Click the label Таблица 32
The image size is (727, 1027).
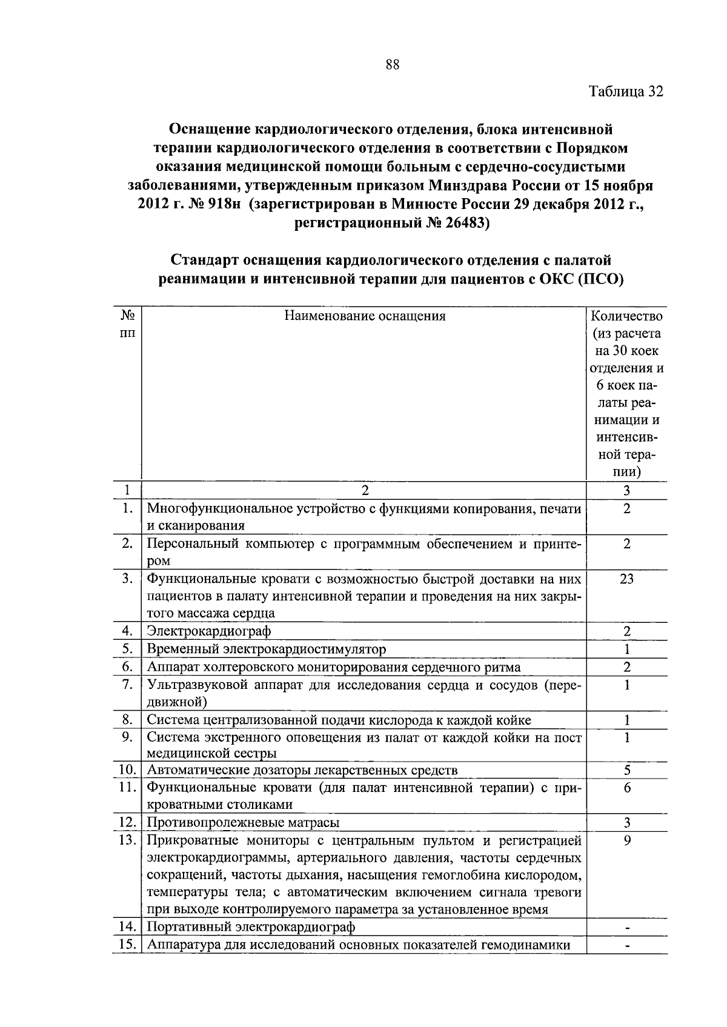pyautogui.click(x=626, y=91)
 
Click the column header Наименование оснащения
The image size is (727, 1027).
pyautogui.click(x=365, y=316)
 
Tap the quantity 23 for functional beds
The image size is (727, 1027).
pyautogui.click(x=626, y=579)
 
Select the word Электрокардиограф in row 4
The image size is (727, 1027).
pyautogui.click(x=209, y=631)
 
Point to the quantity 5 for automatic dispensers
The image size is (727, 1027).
pyautogui.click(x=626, y=771)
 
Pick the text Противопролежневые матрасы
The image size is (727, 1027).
pyautogui.click(x=243, y=823)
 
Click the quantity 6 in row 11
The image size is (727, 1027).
pyautogui.click(x=626, y=788)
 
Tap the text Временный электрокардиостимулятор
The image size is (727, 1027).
pyautogui.click(x=267, y=650)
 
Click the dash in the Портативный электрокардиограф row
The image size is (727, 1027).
pyautogui.click(x=626, y=928)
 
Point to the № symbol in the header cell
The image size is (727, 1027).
pyautogui.click(x=127, y=316)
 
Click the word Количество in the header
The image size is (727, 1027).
pyautogui.click(x=626, y=316)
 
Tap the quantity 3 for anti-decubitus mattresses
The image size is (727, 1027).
pyautogui.click(x=626, y=823)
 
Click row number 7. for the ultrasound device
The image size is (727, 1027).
pyautogui.click(x=127, y=685)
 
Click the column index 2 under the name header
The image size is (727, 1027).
pyautogui.click(x=365, y=491)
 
